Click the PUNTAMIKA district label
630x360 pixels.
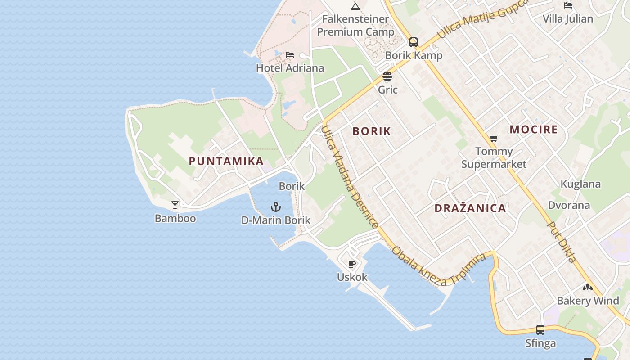coord(226,161)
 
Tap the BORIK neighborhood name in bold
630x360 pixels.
coord(372,131)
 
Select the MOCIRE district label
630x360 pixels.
coord(534,130)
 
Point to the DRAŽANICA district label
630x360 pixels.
coord(470,208)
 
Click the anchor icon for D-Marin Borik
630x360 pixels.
coord(276,207)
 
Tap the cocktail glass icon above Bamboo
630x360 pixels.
coord(175,205)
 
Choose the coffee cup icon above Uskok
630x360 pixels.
coord(352,264)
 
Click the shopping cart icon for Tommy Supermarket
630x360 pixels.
coord(494,138)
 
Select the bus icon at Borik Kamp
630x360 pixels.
coord(414,42)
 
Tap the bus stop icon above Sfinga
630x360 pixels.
coord(540,330)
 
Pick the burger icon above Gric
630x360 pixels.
coord(387,76)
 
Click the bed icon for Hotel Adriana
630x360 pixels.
coord(290,55)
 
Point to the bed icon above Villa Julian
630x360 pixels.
coord(568,5)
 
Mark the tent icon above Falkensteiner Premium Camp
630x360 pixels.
coord(355,6)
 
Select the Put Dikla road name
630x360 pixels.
coord(562,242)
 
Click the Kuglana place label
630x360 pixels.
coord(580,184)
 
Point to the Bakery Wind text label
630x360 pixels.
coord(588,301)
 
